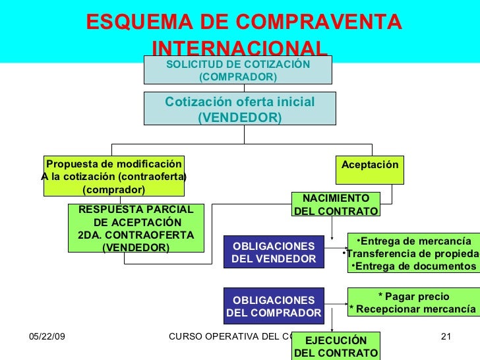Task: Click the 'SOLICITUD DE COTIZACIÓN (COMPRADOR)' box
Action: click(x=237, y=70)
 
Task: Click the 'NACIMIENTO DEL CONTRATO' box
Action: click(x=336, y=204)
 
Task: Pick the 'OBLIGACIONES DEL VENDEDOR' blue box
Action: click(x=274, y=253)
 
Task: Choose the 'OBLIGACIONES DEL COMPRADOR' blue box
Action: click(x=274, y=306)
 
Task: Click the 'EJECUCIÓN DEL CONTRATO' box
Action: click(x=336, y=346)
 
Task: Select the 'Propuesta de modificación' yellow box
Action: click(x=113, y=176)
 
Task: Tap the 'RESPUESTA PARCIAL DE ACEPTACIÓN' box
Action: click(x=136, y=228)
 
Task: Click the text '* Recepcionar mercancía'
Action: click(x=412, y=309)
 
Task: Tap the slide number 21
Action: click(x=445, y=338)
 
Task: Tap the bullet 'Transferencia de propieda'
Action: click(x=411, y=254)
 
